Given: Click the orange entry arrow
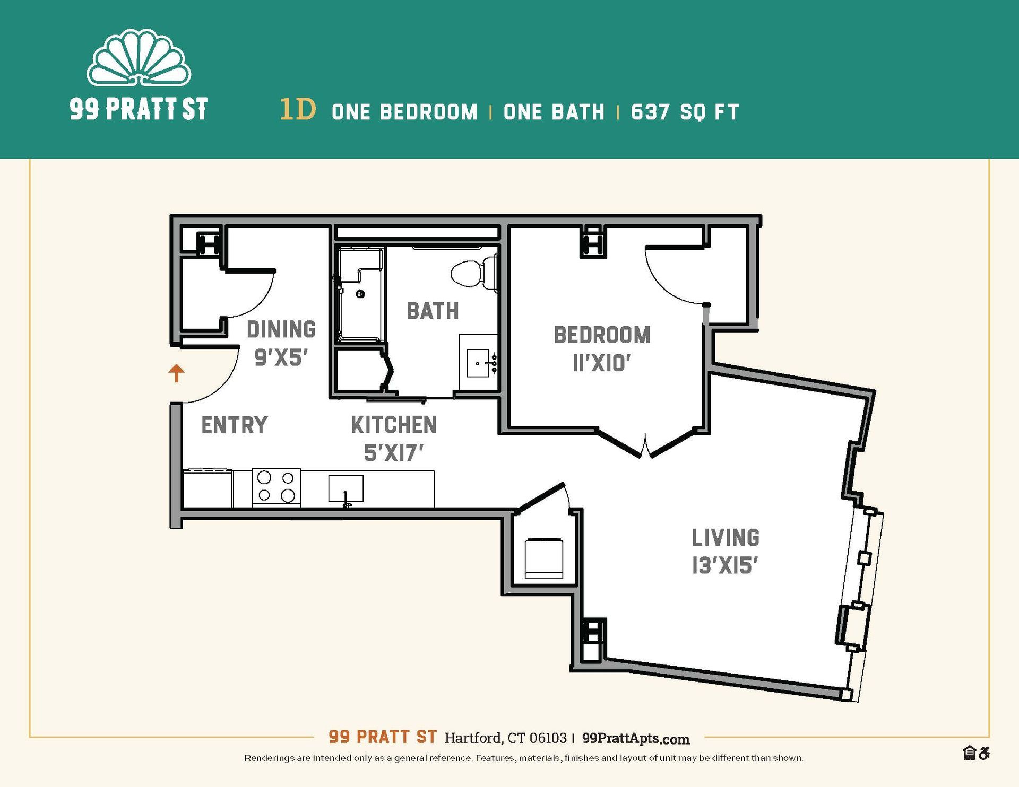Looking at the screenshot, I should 176,373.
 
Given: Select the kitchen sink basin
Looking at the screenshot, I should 346,488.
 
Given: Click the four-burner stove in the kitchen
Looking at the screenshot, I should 276,486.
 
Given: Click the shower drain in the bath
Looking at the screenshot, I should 360,294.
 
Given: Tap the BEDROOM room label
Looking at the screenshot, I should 602,335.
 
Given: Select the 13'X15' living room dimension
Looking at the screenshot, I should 724,566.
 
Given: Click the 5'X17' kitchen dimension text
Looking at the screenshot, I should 393,453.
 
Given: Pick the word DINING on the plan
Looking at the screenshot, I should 281,329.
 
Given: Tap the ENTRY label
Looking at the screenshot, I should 234,425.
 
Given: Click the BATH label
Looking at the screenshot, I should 433,311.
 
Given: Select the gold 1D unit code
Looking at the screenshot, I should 298,109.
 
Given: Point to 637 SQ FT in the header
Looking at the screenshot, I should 685,112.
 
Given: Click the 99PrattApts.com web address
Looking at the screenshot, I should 635,738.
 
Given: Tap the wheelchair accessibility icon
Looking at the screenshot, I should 985,753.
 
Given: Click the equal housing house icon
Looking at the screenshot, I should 969,753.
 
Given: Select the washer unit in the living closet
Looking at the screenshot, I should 543,558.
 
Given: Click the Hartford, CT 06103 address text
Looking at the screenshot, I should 505,738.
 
